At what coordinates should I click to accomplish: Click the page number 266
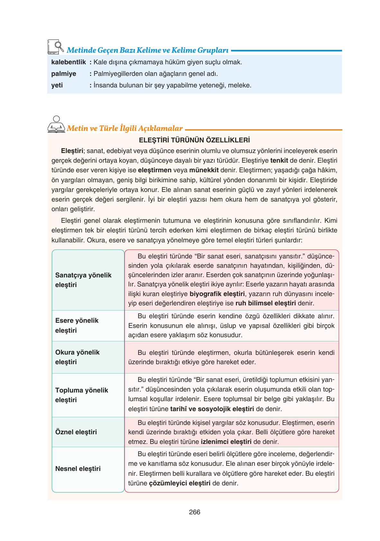195,512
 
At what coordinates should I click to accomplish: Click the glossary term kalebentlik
69,62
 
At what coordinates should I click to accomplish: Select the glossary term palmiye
64,74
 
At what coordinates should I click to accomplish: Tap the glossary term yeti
57,85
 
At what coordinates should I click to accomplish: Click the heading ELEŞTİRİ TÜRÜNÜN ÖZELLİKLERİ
194,140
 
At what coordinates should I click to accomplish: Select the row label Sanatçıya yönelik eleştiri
83,280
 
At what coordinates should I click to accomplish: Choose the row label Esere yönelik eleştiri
77,325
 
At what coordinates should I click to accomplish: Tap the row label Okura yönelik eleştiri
77,357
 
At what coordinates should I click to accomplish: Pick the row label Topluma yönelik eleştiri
81,395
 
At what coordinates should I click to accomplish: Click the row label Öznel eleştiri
76,432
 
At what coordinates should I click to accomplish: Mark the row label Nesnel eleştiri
78,469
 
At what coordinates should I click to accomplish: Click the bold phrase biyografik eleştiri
217,294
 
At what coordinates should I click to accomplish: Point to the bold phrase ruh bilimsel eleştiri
265,303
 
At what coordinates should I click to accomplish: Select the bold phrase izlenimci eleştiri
226,442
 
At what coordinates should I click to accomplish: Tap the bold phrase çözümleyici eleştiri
180,483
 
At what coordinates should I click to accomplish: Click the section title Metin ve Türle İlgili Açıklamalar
125,129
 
